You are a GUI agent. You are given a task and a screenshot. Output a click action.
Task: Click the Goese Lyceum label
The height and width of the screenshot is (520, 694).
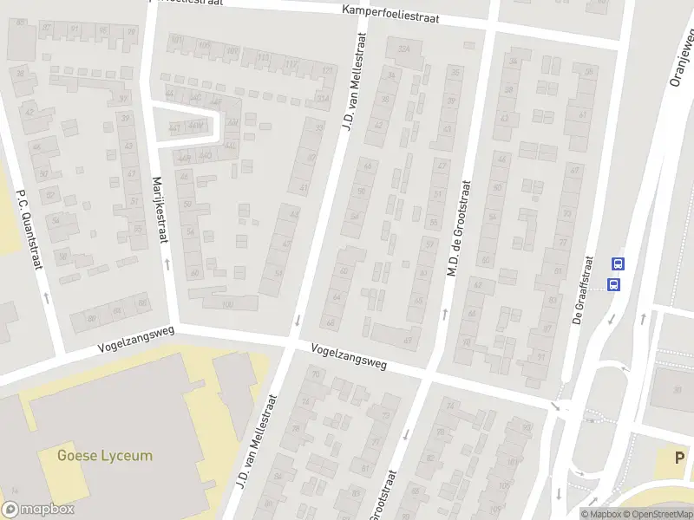tap(104, 455)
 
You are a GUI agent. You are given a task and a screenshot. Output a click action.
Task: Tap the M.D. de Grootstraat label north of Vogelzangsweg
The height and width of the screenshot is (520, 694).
tap(458, 229)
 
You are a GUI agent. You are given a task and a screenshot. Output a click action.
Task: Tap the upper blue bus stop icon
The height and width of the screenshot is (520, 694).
tap(618, 264)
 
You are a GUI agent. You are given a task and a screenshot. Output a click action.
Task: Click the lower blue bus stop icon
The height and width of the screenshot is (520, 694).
tap(614, 283)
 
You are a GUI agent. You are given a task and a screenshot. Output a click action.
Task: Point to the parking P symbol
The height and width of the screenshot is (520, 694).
tap(680, 458)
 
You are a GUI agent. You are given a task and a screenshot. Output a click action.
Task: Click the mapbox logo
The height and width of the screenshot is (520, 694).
tap(39, 510)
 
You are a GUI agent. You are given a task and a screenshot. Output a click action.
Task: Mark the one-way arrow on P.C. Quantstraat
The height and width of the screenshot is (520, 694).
tap(46, 297)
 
